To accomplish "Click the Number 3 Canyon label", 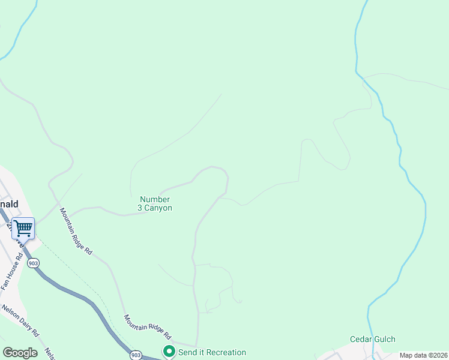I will [x=155, y=203].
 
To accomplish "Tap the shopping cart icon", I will [x=23, y=228].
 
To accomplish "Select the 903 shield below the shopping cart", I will [x=34, y=263].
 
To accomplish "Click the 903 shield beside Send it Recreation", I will [x=136, y=355].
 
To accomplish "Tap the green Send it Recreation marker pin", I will [x=169, y=352].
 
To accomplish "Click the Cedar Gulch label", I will [x=373, y=340].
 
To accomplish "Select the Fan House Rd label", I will [x=12, y=272].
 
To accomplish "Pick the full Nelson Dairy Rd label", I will [x=20, y=321].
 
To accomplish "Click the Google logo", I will [x=20, y=353].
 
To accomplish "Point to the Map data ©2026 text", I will [x=423, y=355].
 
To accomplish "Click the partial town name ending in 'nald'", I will [x=8, y=204].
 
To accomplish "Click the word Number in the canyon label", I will [x=155, y=199].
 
